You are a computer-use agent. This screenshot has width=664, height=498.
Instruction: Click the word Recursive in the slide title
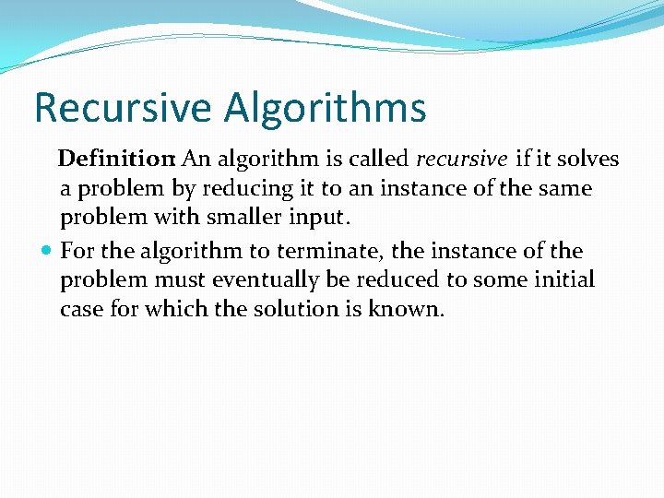pyautogui.click(x=123, y=108)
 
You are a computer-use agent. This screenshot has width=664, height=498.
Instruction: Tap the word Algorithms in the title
pyautogui.click(x=325, y=108)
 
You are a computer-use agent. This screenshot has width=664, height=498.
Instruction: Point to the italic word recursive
pyautogui.click(x=461, y=160)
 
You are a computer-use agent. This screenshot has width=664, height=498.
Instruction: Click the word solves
pyautogui.click(x=588, y=160)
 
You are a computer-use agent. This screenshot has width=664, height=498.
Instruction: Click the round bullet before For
pyautogui.click(x=47, y=251)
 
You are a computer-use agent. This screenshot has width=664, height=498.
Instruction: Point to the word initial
pyautogui.click(x=564, y=279)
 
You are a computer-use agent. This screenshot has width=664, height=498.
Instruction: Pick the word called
pyautogui.click(x=378, y=160)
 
